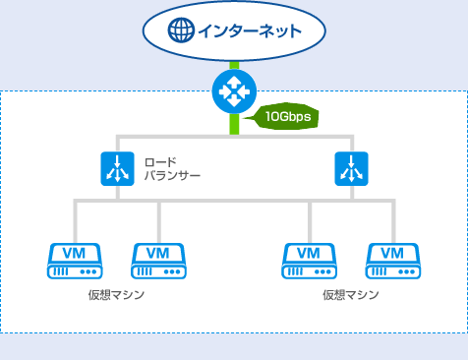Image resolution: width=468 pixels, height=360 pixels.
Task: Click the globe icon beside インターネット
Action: click(x=181, y=31)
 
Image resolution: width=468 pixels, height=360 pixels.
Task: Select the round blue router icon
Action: click(x=234, y=92)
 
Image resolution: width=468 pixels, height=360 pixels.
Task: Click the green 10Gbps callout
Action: click(x=286, y=118)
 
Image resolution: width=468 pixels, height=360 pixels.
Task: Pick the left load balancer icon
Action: click(x=118, y=169)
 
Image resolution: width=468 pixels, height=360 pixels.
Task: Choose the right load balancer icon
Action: click(x=350, y=169)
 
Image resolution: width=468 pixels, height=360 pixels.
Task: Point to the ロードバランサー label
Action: click(x=172, y=168)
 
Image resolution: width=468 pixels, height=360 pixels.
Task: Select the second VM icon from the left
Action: click(x=159, y=261)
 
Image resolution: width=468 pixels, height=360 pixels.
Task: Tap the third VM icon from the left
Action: click(x=310, y=261)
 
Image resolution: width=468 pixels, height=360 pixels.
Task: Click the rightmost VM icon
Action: click(x=392, y=261)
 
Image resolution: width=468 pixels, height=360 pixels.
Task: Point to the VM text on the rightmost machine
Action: click(x=392, y=254)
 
